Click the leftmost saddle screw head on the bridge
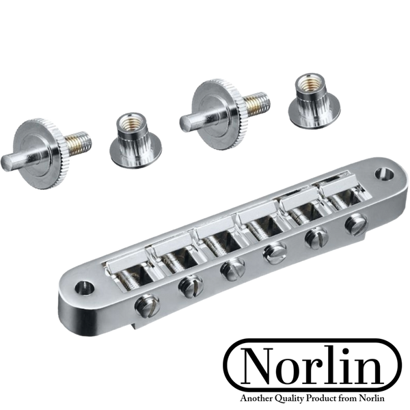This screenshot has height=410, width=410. [x=147, y=305]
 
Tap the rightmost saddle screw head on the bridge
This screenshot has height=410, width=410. [x=356, y=225]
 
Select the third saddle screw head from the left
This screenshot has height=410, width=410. [x=232, y=270]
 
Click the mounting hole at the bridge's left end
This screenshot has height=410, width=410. [x=85, y=288]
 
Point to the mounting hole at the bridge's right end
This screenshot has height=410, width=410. [x=384, y=174]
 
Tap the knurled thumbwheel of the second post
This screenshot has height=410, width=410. [x=218, y=114]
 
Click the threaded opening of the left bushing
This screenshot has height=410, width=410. [x=129, y=121]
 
